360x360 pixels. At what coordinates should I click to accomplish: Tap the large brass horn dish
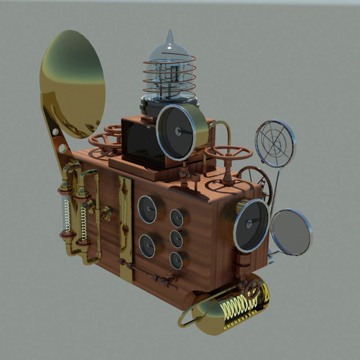72,83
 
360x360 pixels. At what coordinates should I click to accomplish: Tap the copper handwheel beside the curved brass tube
228,153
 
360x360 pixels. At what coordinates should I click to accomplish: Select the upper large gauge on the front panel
147,209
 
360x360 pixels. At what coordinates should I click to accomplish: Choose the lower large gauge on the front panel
147,246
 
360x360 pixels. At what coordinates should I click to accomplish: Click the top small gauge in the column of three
176,218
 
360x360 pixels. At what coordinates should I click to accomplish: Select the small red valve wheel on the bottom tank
252,288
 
